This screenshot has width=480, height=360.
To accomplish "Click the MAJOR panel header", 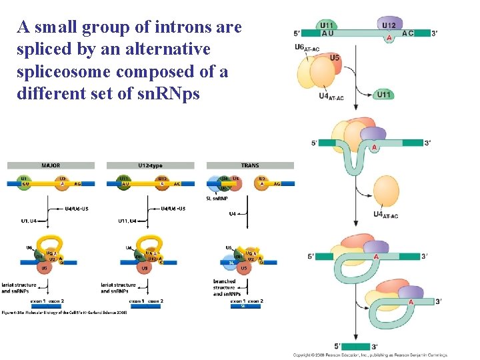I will [51, 165].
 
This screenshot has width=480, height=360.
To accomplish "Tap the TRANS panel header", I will [250, 165].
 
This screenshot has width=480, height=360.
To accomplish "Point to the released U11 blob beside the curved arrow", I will [383, 95].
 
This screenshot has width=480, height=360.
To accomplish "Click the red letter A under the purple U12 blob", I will [389, 38].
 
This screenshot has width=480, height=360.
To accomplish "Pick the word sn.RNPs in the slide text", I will [172, 93].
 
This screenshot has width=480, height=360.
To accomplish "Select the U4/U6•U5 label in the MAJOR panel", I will [75, 208].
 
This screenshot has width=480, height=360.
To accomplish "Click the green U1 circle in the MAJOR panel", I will [24, 181].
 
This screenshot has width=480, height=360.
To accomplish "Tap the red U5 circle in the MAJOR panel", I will [44, 268].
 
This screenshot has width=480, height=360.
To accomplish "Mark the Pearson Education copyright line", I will [370, 355].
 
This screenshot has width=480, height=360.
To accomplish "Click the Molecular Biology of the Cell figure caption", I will [64, 312].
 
